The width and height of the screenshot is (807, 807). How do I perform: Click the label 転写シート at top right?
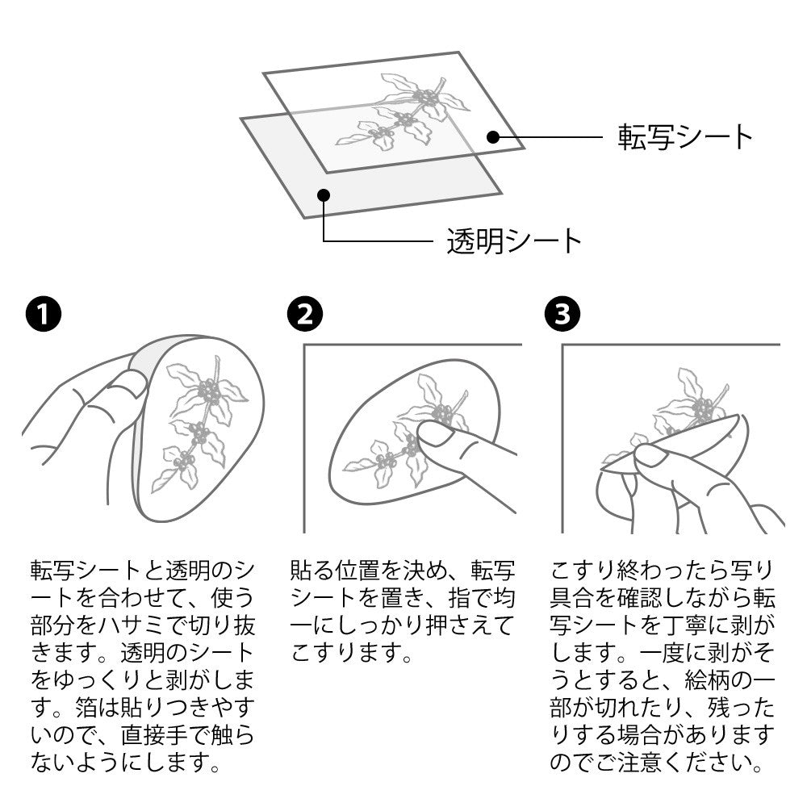coord(685,138)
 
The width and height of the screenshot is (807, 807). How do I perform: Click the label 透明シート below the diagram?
coord(514,240)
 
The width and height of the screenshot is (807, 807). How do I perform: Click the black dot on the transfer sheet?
coord(493,138)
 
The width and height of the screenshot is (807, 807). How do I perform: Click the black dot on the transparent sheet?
coord(324,194)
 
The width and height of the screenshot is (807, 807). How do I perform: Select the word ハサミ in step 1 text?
coord(144,625)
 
